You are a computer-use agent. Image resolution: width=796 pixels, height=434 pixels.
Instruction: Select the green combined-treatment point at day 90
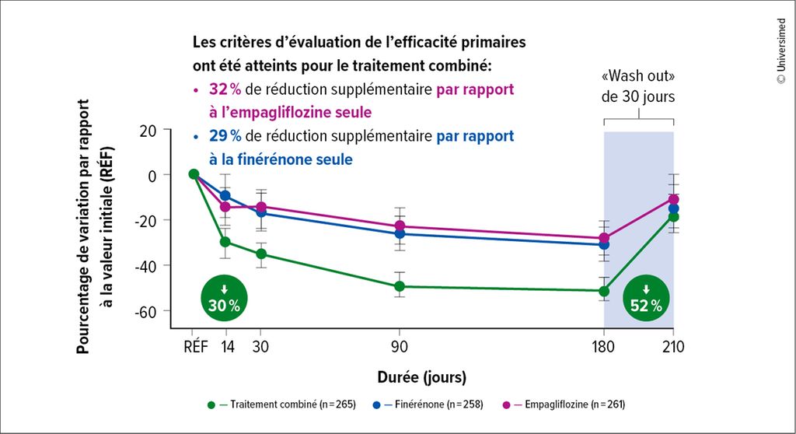click(x=400, y=286)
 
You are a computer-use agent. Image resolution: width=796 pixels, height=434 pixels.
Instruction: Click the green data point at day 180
click(x=604, y=291)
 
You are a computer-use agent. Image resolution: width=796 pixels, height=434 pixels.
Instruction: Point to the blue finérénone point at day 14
click(x=225, y=195)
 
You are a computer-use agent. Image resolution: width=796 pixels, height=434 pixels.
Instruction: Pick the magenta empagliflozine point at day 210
click(x=673, y=199)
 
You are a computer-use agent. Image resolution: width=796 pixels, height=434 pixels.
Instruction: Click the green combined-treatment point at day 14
click(x=225, y=242)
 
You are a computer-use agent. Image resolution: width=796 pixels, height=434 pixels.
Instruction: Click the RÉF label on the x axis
click(x=194, y=346)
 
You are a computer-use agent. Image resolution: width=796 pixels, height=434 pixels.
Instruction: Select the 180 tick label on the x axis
click(x=604, y=346)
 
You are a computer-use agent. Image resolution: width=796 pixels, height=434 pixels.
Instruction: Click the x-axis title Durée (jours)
click(x=422, y=378)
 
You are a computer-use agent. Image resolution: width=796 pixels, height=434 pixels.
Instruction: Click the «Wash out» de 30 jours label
click(x=638, y=89)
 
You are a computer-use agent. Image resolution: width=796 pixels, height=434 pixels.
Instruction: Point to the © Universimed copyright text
click(x=780, y=51)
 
